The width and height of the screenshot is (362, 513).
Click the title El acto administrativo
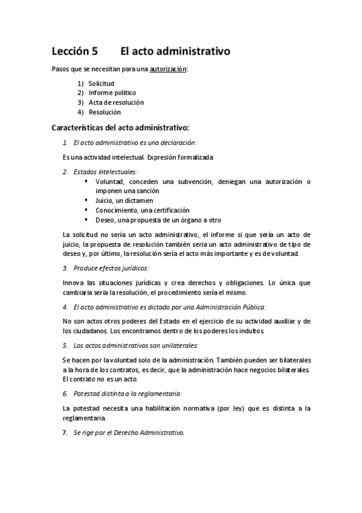pos(175,52)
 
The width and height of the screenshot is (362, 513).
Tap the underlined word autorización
pos(168,70)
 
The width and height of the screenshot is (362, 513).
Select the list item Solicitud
pos(101,83)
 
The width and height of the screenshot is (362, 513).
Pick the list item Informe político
pos(112,93)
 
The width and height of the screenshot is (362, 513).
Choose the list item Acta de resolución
pos(116,102)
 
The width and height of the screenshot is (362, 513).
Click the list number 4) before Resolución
pos(80,112)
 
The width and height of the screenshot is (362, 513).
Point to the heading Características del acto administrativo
pos(120,128)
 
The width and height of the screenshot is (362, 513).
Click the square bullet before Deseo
pos(86,219)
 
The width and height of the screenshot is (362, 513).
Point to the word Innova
pos(74,283)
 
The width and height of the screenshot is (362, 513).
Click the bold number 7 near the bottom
pos(65,433)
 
